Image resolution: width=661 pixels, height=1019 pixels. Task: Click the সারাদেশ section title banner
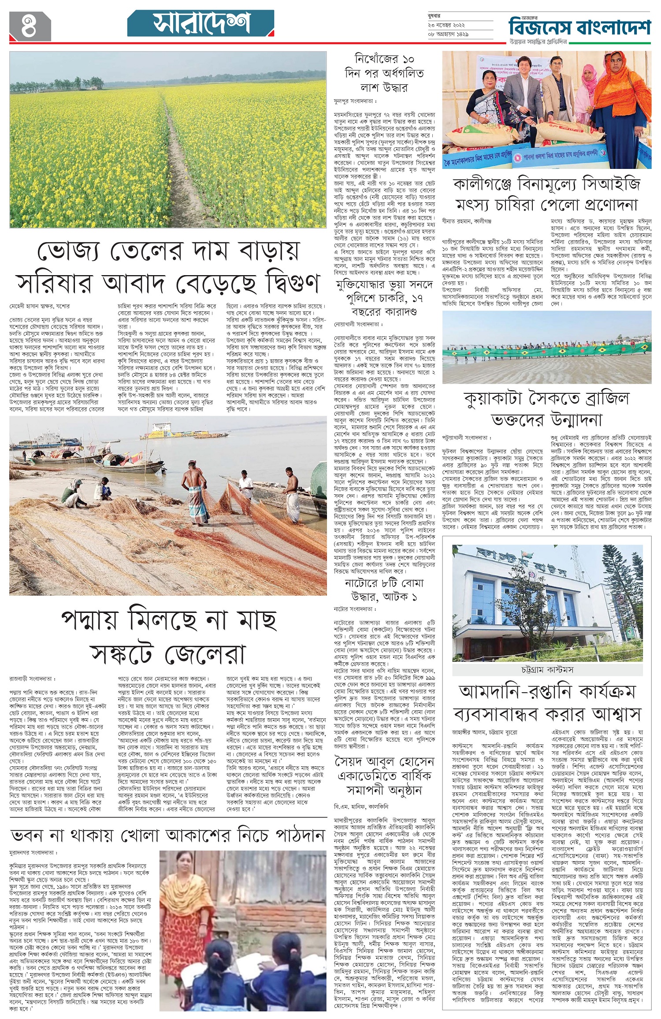coord(201,24)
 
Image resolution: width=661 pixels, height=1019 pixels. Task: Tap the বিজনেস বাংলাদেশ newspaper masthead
coord(579,27)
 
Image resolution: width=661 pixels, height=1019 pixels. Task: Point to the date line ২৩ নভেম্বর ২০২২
coord(446,26)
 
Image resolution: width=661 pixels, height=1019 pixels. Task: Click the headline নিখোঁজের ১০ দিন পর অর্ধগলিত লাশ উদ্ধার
coord(384,73)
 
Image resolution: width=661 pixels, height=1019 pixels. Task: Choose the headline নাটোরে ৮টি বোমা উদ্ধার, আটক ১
coord(384,590)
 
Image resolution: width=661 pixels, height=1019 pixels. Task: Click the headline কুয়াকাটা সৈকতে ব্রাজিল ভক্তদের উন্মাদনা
coord(546,409)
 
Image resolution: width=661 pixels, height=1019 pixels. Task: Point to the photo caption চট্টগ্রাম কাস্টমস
coord(547,670)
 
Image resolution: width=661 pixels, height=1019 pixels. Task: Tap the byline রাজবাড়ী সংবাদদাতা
coord(33,679)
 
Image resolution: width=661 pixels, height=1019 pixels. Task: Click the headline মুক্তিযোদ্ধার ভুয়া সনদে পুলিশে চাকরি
coord(384,298)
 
